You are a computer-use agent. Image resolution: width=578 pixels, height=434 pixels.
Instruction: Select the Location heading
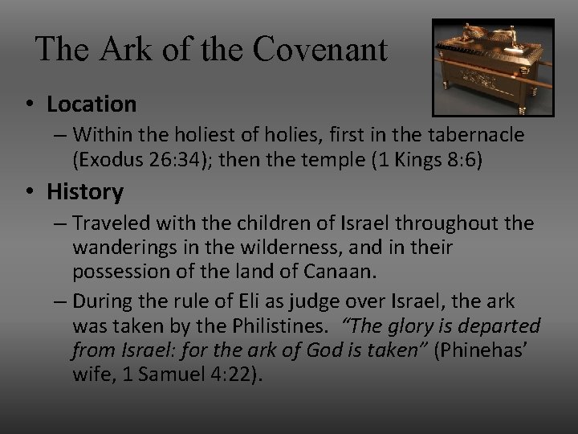click(92, 104)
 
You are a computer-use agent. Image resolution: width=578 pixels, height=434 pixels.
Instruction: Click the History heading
click(85, 192)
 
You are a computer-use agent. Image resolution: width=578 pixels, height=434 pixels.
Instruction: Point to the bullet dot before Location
click(31, 104)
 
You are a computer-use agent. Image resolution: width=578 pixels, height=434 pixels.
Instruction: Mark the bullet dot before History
click(31, 193)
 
